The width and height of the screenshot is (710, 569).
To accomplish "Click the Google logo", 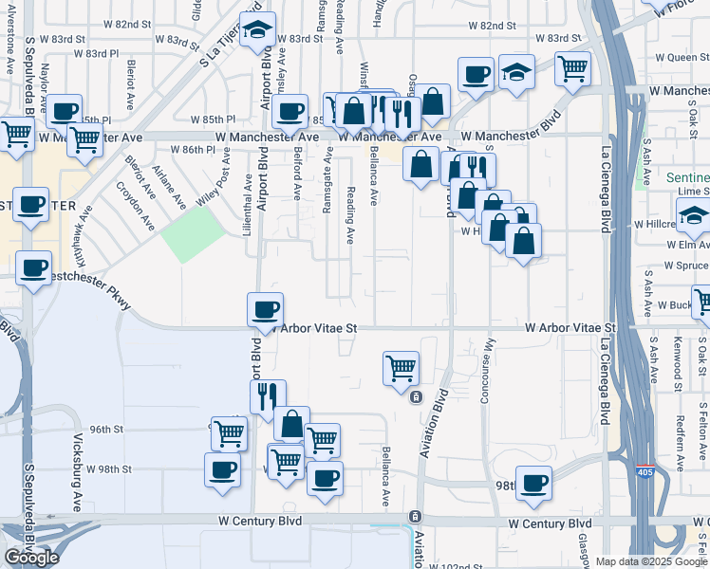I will coord(31,558).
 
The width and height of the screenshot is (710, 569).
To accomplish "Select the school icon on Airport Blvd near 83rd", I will coord(257,30).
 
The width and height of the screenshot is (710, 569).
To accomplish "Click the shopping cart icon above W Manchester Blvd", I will coord(572,67).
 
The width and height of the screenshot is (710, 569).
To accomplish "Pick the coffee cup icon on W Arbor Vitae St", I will coord(265,309).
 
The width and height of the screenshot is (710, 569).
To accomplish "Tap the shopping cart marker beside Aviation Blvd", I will coord(402,367).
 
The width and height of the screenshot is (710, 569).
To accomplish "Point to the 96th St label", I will coord(107,430).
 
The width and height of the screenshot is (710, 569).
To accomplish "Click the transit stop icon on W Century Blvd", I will coord(415,516).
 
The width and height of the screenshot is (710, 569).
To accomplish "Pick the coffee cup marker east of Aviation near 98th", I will coord(533,483).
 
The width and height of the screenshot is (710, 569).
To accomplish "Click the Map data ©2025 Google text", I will coord(651,561).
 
